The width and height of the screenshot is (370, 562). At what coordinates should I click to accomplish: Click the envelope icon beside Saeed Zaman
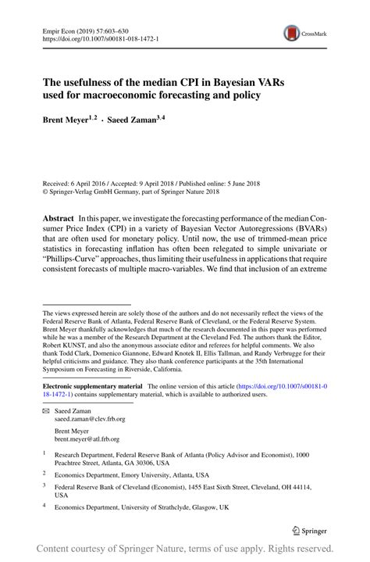45,410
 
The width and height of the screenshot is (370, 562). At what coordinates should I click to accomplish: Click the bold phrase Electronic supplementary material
92,387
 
